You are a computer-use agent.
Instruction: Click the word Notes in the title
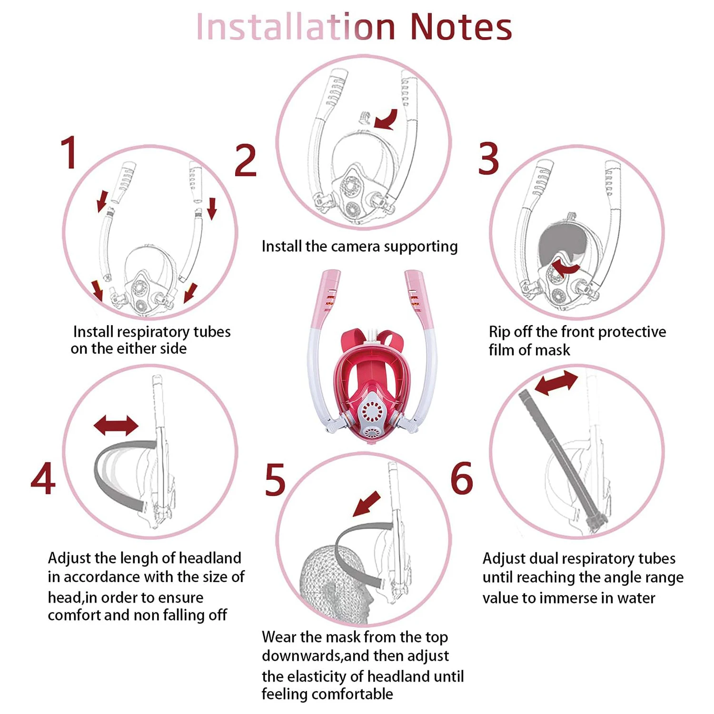pyautogui.click(x=461, y=27)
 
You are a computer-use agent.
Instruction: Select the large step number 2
pyautogui.click(x=246, y=160)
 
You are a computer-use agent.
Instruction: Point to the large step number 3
pyautogui.click(x=488, y=159)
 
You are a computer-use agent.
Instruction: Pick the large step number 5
pyautogui.click(x=275, y=480)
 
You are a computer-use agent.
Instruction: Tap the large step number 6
pyautogui.click(x=462, y=478)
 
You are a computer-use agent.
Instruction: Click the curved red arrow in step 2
pyautogui.click(x=387, y=119)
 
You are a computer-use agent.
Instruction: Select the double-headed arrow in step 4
pyautogui.click(x=116, y=425)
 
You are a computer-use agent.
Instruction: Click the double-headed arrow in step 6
pyautogui.click(x=556, y=383)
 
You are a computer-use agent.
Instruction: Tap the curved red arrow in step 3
pyautogui.click(x=564, y=267)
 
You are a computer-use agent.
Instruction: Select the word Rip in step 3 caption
pyautogui.click(x=499, y=332)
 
